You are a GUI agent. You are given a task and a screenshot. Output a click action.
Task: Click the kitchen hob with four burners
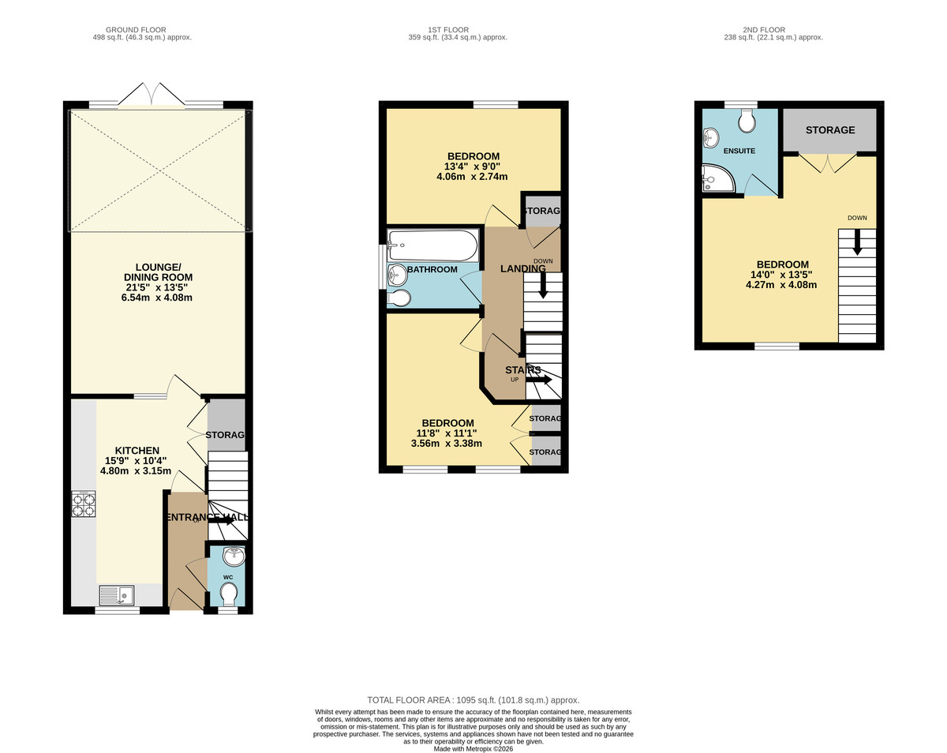coord(84,504)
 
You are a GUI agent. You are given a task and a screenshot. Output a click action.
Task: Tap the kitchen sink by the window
coord(116,594)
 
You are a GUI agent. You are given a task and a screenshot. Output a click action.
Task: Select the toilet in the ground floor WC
coord(228,593)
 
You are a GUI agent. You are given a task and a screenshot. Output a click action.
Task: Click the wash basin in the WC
coord(234,557)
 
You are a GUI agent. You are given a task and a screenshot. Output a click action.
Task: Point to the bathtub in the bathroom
coord(432,245)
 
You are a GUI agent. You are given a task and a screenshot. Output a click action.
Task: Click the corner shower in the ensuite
coord(718,181)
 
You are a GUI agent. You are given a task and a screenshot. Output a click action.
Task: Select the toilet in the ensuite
coord(746,122)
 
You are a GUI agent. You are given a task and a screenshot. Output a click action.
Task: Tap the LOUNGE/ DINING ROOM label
coord(158,277)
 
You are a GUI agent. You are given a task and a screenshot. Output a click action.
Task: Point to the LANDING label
coord(523,269)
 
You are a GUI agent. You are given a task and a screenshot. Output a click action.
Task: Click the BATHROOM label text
coord(432,270)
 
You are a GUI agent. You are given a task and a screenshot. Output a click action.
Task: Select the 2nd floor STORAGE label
coord(829,130)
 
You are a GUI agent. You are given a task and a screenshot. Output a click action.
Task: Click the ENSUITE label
coord(739,151)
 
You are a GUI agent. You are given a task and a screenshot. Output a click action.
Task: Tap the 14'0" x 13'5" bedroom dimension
coord(782,275)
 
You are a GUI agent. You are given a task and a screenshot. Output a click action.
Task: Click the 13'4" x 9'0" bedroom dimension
coord(473,167)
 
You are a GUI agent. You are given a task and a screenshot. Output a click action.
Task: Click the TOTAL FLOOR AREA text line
coord(473,700)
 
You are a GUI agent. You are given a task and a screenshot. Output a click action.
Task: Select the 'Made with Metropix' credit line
coord(473,748)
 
